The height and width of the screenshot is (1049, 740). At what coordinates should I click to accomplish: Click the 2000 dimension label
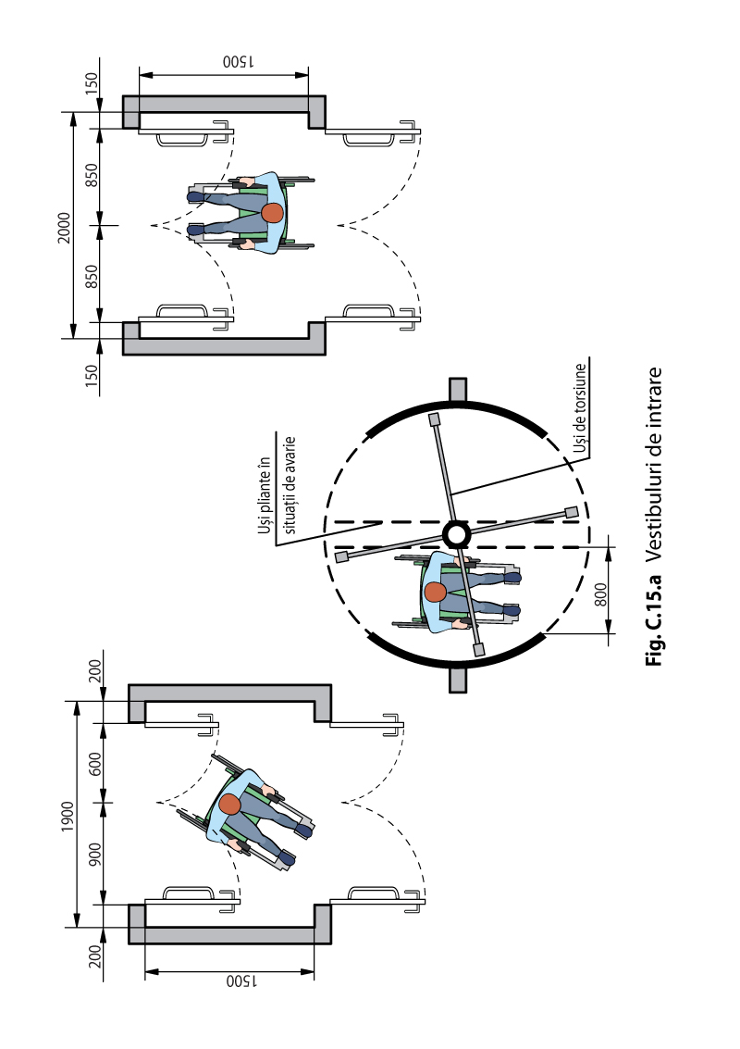coord(64,228)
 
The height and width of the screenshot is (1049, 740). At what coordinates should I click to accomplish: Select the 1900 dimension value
coord(68,817)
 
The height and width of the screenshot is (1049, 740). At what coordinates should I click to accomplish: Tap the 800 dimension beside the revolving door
coord(601,594)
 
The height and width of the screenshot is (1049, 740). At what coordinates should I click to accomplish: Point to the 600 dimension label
coord(95,764)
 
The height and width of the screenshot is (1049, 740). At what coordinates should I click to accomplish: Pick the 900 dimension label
coord(95,855)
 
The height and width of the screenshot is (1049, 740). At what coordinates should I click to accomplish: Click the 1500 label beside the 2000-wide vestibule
coord(238,61)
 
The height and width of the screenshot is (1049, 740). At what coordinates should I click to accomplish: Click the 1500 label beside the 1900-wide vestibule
coord(241,980)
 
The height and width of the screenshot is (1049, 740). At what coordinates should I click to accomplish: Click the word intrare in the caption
coord(654,400)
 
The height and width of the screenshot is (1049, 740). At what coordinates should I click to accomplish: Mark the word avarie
coord(289,455)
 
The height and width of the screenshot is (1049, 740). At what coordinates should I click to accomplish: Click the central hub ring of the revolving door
coord(457,534)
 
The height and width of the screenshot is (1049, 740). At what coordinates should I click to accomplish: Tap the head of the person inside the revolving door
coord(435,592)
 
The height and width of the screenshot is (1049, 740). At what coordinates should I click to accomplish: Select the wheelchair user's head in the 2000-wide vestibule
coord(272,214)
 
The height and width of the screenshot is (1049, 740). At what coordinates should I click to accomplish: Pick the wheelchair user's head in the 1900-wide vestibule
coord(230,805)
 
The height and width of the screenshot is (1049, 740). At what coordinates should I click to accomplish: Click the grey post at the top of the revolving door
coord(457,390)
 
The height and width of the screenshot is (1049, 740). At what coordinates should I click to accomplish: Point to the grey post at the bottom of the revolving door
coord(457,680)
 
